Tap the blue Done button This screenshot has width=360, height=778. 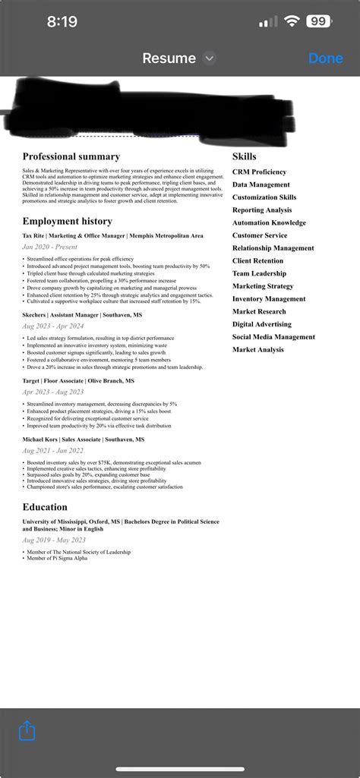tap(325, 58)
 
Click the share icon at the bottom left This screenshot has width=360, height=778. tap(27, 731)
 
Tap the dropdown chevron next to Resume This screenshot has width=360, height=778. tap(210, 58)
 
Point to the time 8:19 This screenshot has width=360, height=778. tap(62, 22)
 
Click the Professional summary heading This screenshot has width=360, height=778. tap(71, 156)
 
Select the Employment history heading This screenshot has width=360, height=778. tap(67, 221)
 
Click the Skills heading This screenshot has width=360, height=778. tap(244, 156)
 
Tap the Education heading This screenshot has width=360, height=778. tap(45, 506)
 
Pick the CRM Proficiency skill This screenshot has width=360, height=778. tap(259, 172)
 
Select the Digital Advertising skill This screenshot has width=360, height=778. tap(262, 324)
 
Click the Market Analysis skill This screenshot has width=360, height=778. tap(258, 350)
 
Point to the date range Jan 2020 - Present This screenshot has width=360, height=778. tap(49, 247)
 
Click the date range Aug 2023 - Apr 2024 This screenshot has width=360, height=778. tap(54, 326)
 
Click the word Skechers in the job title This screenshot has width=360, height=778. tap(34, 314)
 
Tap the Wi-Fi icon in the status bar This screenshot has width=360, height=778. tap(292, 21)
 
